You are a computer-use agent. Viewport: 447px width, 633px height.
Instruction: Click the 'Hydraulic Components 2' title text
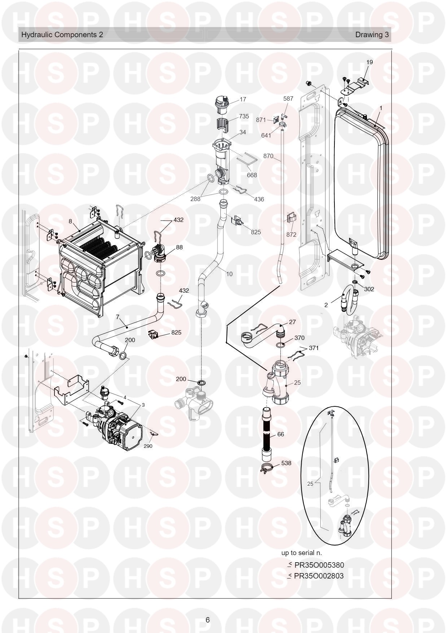tap(62, 35)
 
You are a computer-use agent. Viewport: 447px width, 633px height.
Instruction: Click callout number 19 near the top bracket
tap(369, 62)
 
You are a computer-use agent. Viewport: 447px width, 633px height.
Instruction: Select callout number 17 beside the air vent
tap(243, 99)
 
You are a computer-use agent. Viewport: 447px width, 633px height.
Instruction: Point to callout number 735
tap(244, 116)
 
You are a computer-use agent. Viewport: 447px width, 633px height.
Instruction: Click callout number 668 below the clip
tap(252, 175)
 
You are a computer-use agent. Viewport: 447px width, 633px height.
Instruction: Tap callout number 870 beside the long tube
tap(268, 156)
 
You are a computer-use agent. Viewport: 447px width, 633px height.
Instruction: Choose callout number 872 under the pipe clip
tap(291, 235)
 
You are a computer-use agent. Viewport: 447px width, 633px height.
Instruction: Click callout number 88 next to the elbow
tap(179, 247)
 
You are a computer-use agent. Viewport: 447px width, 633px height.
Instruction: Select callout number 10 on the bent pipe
tap(229, 274)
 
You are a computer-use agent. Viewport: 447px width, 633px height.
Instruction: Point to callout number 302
tap(369, 289)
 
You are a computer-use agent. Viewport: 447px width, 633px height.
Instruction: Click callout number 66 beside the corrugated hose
tap(280, 434)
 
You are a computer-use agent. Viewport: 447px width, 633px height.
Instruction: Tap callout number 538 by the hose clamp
tap(286, 463)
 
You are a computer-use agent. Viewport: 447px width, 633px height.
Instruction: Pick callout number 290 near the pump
tap(148, 446)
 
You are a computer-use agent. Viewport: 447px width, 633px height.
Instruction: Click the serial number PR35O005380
tap(319, 565)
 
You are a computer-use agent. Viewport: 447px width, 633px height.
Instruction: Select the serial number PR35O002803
tap(319, 576)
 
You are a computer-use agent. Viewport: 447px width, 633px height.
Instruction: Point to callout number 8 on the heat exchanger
tap(70, 221)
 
